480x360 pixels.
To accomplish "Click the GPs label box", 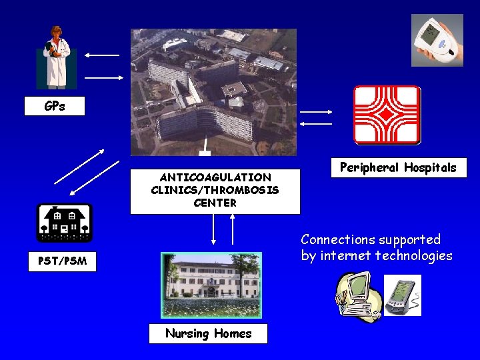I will tap(55, 106).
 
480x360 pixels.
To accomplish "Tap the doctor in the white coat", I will tap(56, 57).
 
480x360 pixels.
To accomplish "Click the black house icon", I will tap(64, 222).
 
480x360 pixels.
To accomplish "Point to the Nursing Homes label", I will tap(208, 333).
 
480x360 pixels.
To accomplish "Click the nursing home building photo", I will tap(211, 285).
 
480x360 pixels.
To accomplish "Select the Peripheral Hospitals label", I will tap(398, 167).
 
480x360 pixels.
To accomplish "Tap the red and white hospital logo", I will tap(387, 115).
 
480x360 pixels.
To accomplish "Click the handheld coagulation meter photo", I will tap(437, 41).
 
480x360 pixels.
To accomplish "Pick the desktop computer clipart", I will tap(357, 297).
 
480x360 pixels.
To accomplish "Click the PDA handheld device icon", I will tap(403, 295).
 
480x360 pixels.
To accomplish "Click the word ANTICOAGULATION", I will tap(215, 177).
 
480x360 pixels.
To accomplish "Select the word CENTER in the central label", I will tap(215, 203).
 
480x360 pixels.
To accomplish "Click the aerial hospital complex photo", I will tap(213, 91).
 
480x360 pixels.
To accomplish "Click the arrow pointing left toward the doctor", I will tap(102, 55).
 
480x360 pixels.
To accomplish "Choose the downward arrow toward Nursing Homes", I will tap(213, 231).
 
